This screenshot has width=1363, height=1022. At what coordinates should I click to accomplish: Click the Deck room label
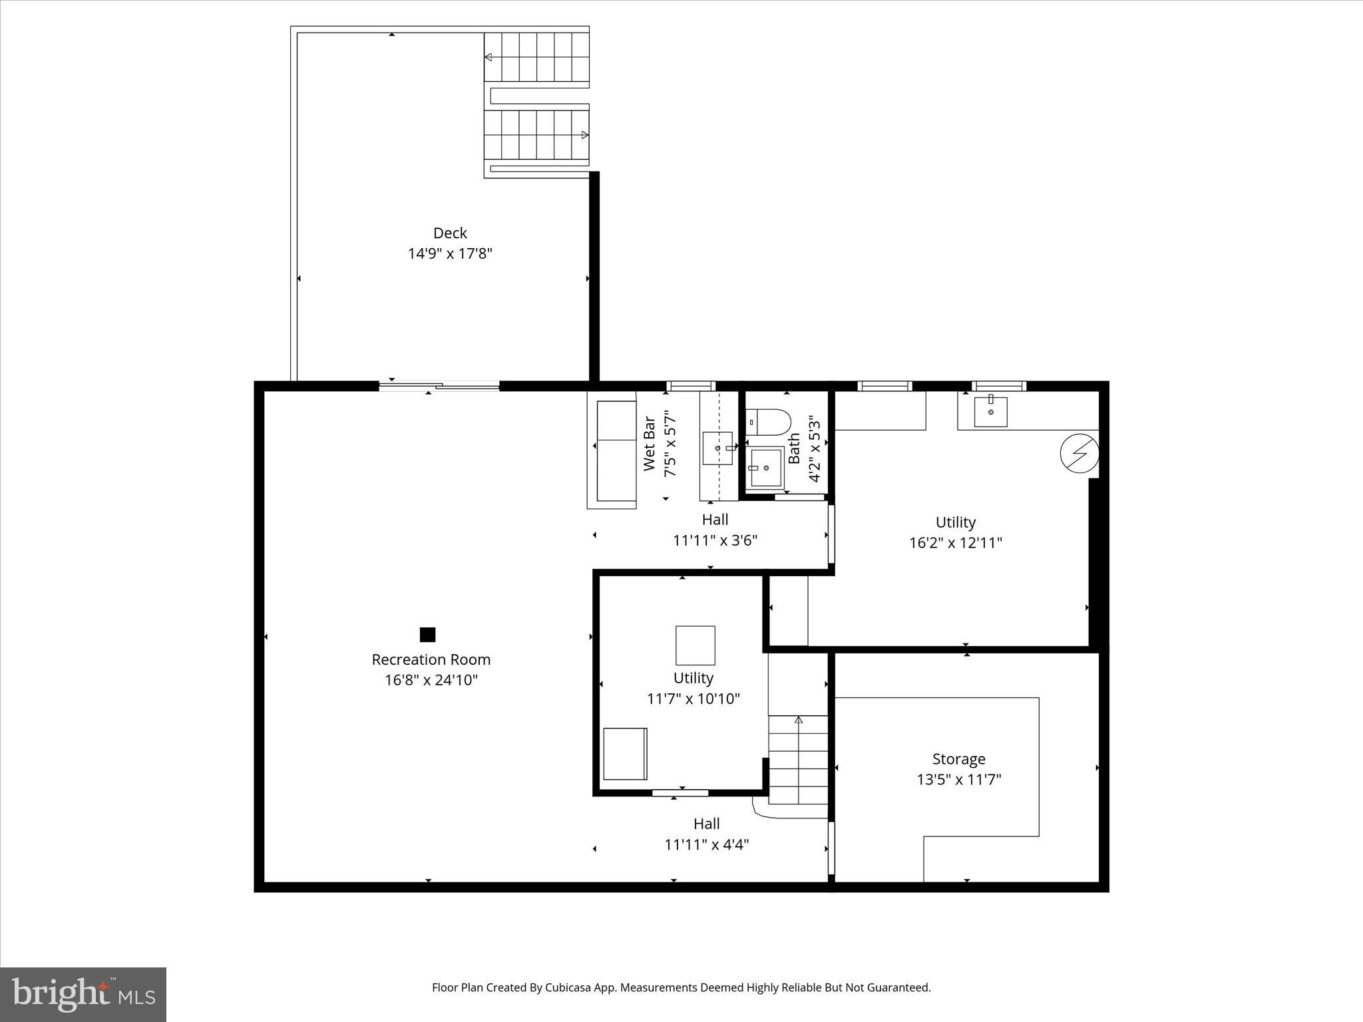pos(450,233)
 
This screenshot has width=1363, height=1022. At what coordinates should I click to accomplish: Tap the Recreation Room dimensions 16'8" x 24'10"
pos(431,680)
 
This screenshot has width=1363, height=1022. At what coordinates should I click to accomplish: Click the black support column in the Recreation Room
pos(427,635)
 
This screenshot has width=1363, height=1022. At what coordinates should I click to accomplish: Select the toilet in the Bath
pos(769,422)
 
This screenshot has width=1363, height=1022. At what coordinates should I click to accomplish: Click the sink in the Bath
pos(766,468)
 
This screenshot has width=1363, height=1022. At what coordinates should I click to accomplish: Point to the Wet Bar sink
pos(717,448)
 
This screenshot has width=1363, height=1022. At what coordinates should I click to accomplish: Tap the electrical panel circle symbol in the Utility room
pos(1078,452)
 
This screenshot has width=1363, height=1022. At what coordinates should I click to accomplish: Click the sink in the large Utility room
pos(990,412)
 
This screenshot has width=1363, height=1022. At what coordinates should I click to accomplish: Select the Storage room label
pos(958,759)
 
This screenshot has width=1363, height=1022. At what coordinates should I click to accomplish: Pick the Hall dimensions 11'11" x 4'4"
pos(707,844)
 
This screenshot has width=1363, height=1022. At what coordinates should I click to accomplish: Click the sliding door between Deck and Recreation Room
pos(439,385)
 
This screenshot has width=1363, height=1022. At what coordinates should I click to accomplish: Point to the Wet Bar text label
pos(650,444)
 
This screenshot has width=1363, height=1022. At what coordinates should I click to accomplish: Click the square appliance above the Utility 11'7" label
pos(695,645)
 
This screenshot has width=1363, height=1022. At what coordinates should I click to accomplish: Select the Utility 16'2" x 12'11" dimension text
pos(956,542)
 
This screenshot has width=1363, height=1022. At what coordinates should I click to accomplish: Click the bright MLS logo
pos(83,994)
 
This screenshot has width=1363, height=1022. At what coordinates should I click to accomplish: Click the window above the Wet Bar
pos(690,385)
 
